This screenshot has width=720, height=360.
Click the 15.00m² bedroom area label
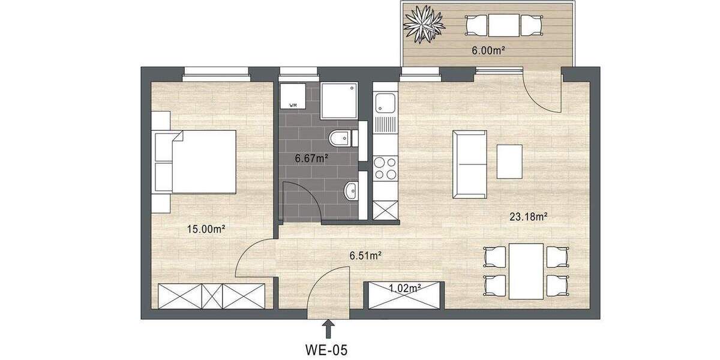pos(205,229)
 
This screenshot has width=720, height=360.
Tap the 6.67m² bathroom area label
pos(310,158)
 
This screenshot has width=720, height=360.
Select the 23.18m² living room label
pos(527,217)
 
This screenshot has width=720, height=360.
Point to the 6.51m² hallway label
pos(366,256)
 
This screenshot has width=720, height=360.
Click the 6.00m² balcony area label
pos(487,50)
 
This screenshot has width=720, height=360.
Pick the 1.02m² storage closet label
pos(404,287)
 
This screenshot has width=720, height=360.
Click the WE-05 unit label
pos(328,348)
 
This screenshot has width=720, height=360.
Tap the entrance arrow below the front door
pos(328,328)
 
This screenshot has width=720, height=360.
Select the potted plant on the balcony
pos(424,24)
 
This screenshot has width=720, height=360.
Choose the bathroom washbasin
pos(351,192)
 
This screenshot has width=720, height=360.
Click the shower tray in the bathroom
pos(339,100)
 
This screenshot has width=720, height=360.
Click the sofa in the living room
pos(469,163)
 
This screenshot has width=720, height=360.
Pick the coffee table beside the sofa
pos(509,161)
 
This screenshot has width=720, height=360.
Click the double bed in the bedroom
pos(198,161)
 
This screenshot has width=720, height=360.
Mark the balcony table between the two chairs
pos(503,25)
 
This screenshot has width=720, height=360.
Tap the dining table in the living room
pos(526,271)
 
